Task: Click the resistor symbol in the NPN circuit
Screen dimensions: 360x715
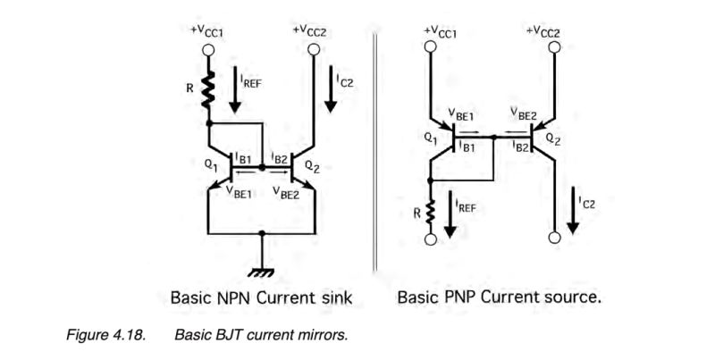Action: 208,89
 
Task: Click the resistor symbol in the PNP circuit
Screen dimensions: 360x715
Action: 431,213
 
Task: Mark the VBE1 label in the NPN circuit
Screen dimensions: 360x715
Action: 240,190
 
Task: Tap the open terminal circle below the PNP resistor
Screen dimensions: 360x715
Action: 431,240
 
